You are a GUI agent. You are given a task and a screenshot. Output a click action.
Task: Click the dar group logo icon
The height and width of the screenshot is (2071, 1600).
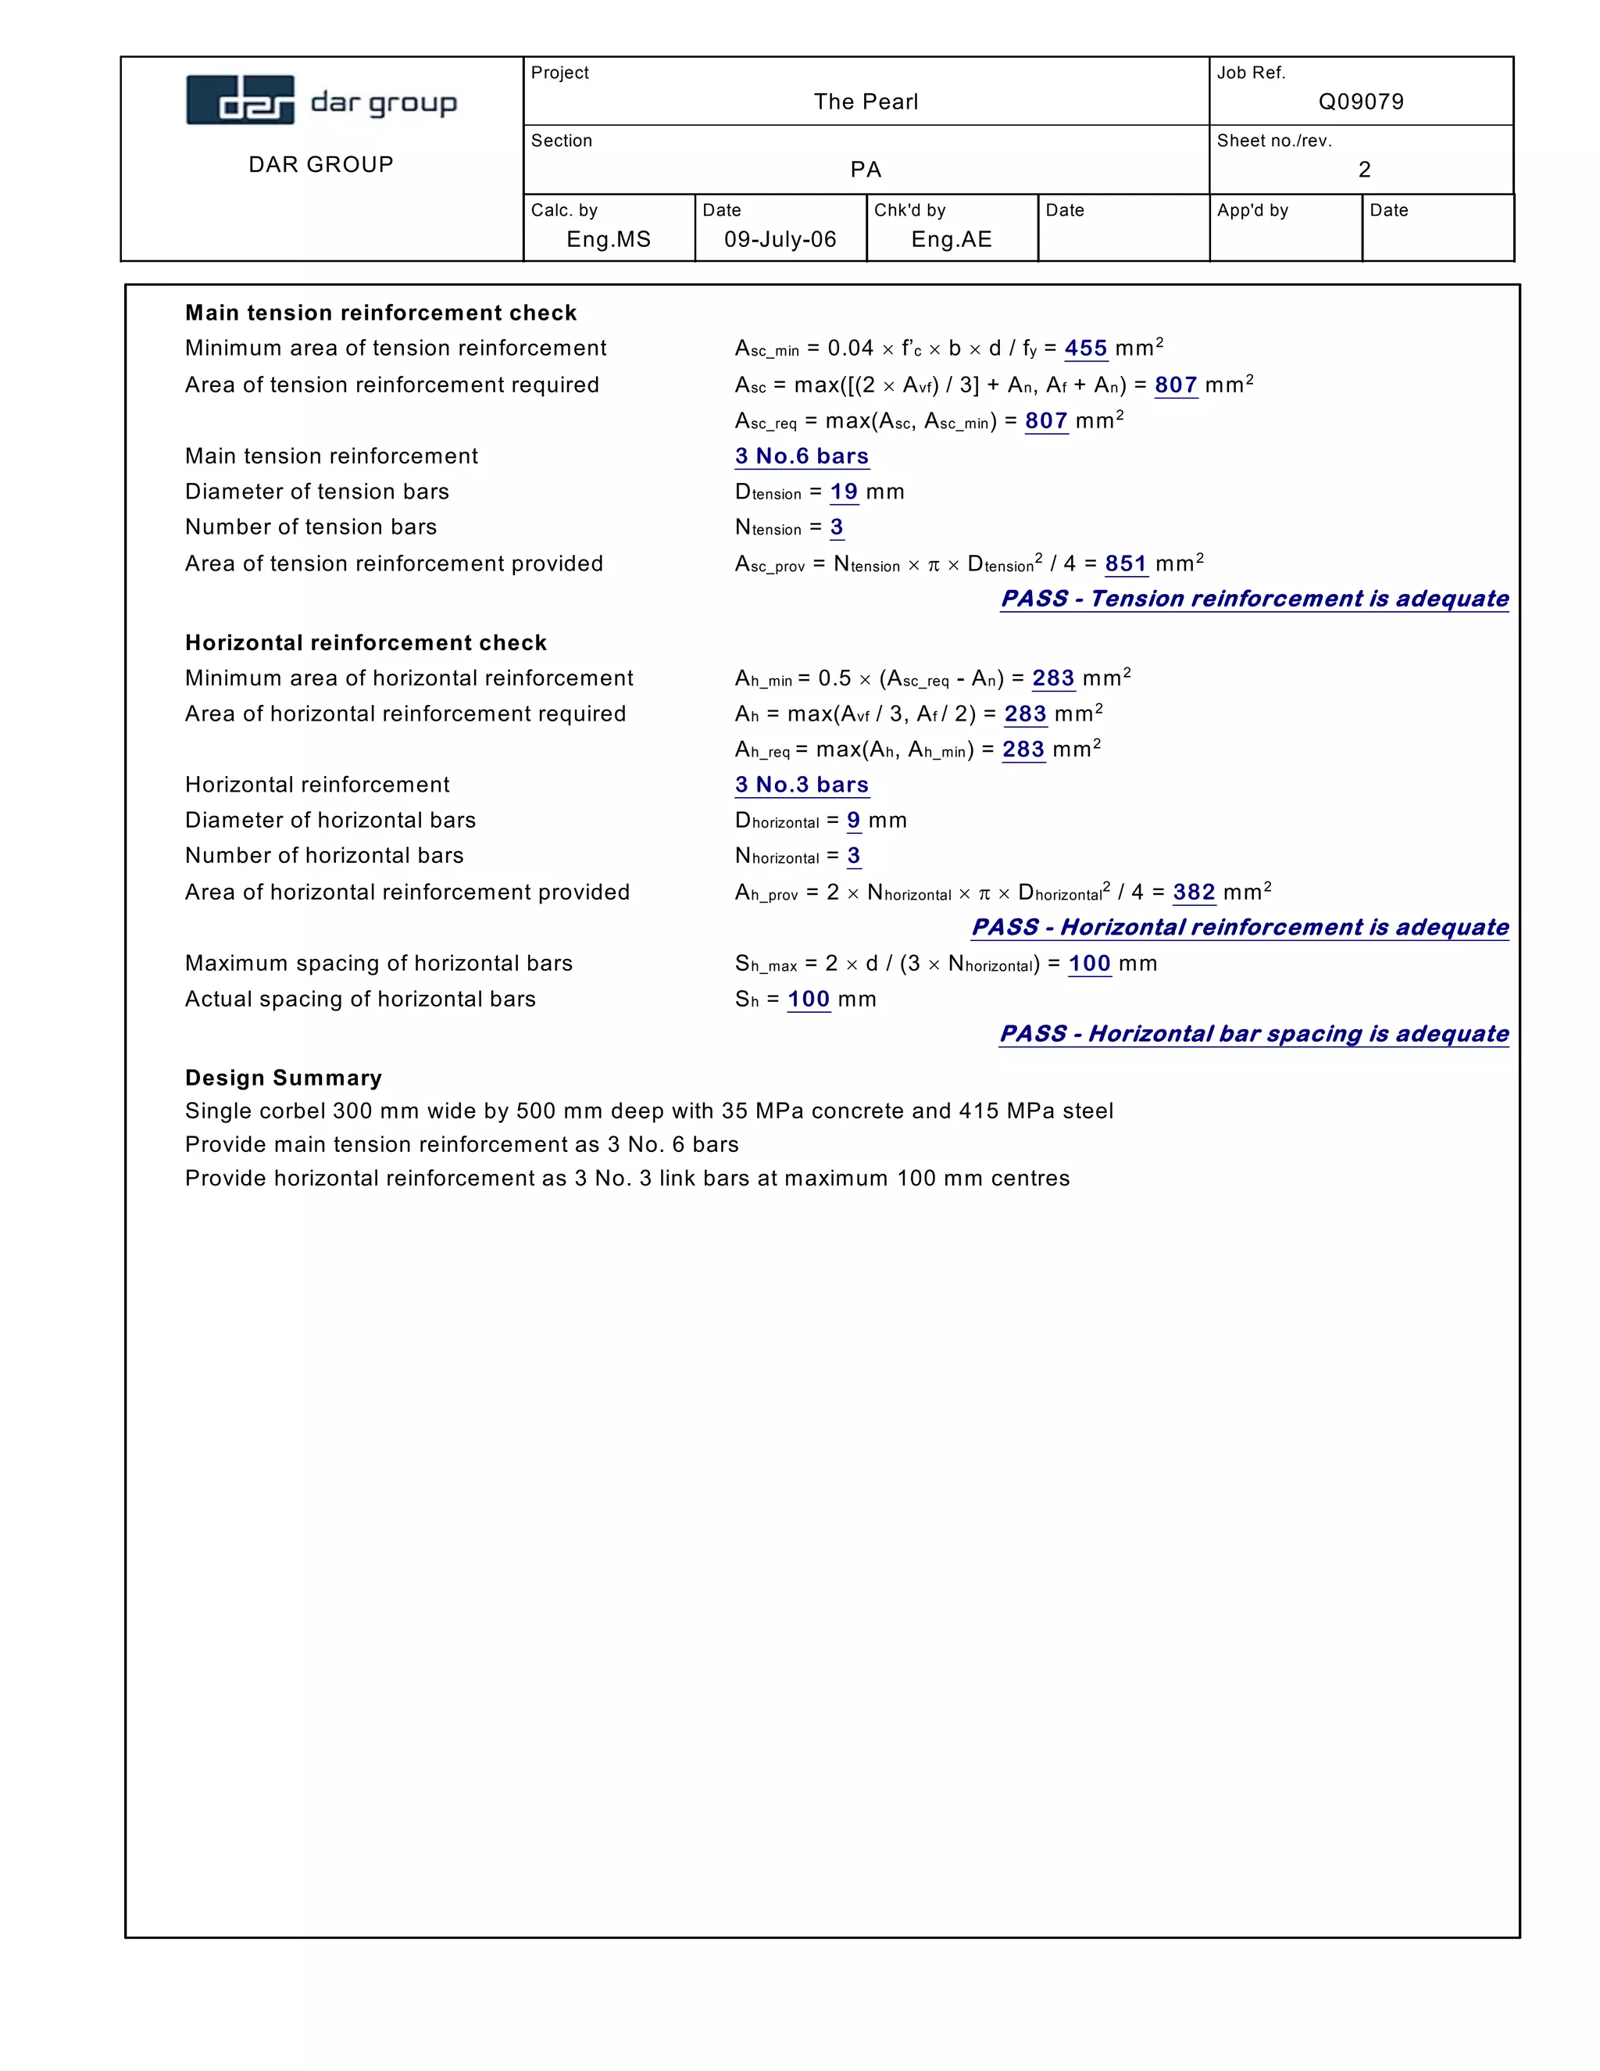[x=240, y=99]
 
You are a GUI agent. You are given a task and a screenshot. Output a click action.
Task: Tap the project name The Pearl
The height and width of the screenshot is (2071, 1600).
[x=866, y=102]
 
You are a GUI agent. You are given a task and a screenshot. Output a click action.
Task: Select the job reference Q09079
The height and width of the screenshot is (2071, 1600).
[x=1360, y=102]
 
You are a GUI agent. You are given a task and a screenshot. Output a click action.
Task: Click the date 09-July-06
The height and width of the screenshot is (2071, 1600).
[x=780, y=239]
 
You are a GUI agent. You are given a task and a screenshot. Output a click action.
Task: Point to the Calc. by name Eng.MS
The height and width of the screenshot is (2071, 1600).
[x=609, y=239]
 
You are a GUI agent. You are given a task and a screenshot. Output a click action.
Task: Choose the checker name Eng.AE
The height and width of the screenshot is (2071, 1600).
[x=951, y=239]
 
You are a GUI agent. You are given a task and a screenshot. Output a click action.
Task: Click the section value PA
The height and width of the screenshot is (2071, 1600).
[x=866, y=170]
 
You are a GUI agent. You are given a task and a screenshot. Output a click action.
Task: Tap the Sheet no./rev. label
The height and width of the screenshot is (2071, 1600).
[x=1274, y=141]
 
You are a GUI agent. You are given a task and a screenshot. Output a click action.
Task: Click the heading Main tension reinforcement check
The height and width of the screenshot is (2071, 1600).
[x=380, y=313]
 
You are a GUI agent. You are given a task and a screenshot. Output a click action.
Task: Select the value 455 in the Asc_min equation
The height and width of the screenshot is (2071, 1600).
[x=1085, y=348]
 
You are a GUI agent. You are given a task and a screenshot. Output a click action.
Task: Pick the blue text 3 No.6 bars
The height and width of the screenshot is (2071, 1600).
[x=802, y=456]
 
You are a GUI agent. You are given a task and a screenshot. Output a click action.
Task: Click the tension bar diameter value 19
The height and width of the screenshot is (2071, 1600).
[x=844, y=492]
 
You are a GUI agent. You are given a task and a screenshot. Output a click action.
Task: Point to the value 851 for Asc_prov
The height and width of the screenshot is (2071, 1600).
[x=1126, y=563]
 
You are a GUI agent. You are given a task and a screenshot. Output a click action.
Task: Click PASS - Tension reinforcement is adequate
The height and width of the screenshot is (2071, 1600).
[x=1254, y=599]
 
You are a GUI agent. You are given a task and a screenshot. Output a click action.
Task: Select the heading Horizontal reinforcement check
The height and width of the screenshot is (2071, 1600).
[x=366, y=643]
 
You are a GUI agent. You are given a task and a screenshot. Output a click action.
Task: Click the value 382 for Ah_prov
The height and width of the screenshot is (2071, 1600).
[x=1194, y=892]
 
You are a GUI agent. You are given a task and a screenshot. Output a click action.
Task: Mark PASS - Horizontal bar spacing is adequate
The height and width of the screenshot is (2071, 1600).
[x=1253, y=1034]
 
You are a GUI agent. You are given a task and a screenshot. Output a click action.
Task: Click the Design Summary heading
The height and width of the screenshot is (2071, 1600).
[x=284, y=1078]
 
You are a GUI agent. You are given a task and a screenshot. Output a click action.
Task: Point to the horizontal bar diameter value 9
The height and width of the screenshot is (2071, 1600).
[x=853, y=821]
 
